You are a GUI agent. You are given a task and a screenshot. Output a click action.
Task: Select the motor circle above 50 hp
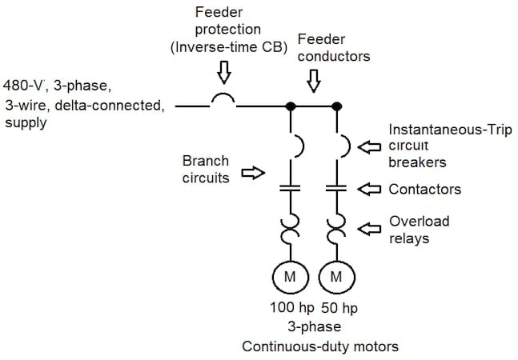click(336, 278)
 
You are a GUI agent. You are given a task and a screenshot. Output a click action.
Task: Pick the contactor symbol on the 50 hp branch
click(336, 189)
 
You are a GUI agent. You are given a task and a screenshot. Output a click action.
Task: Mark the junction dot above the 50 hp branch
click(336, 105)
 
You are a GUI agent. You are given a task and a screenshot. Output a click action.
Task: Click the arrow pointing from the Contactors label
click(369, 189)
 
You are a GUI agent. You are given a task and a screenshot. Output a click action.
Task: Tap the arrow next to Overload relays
click(369, 229)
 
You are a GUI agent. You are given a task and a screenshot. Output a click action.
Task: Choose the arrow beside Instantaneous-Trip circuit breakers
click(369, 146)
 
